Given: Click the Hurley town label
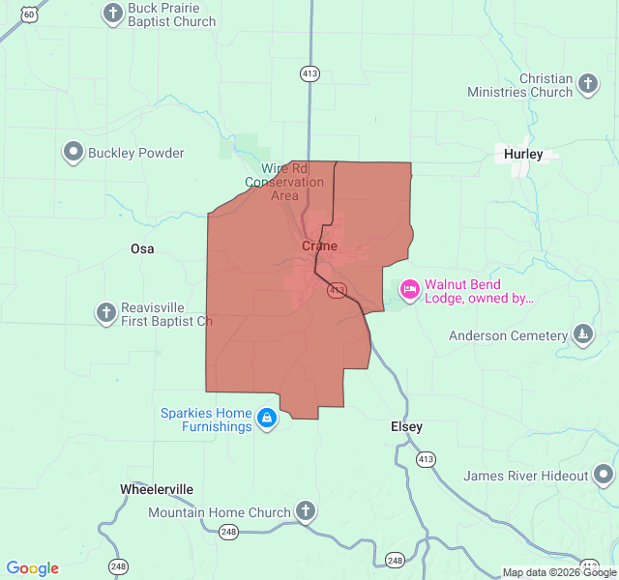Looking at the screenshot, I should [524, 154].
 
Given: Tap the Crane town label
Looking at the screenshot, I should [320, 246].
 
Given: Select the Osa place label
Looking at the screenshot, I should [142, 248].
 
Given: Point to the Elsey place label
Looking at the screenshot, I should [406, 426].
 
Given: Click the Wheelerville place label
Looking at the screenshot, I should [157, 488].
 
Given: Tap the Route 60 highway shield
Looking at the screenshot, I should [32, 13].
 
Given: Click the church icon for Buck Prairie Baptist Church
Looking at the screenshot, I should [113, 14].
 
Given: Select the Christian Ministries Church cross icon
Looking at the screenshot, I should [587, 85].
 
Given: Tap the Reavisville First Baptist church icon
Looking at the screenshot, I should [106, 313].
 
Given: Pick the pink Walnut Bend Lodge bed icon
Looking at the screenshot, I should [410, 290].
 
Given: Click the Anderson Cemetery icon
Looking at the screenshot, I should [583, 335].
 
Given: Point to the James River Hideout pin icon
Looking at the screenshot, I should [604, 475].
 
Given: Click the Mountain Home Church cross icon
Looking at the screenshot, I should [306, 511].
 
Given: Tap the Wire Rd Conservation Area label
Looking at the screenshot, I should [284, 181].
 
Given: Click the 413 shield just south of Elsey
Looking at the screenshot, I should [426, 459].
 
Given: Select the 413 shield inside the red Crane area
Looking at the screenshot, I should [337, 289].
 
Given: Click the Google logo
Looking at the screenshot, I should [32, 568].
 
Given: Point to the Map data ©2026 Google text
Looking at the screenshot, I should [559, 572].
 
